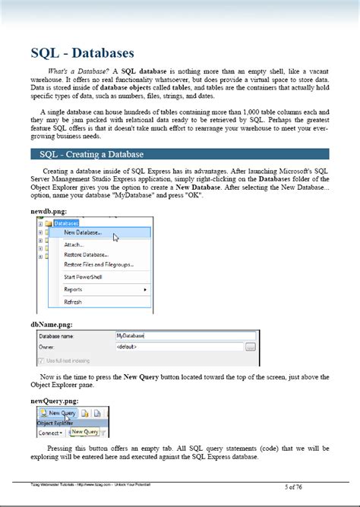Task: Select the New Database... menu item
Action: click(x=83, y=233)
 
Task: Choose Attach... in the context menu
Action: click(x=74, y=244)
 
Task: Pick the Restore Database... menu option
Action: click(x=86, y=254)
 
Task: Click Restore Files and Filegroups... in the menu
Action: click(x=99, y=264)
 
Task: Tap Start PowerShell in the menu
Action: click(x=84, y=277)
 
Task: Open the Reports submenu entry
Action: click(x=74, y=289)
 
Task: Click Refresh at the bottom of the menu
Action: click(x=73, y=301)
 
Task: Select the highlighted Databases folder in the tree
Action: click(x=65, y=223)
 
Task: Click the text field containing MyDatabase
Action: click(x=179, y=335)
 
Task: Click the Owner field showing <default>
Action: click(x=179, y=346)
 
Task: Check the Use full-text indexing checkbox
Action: click(x=41, y=360)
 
